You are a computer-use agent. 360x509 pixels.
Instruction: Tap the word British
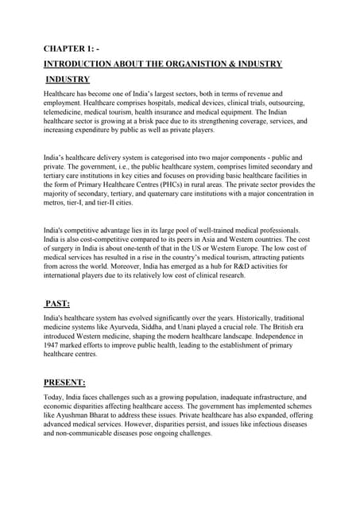click(x=269, y=327)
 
